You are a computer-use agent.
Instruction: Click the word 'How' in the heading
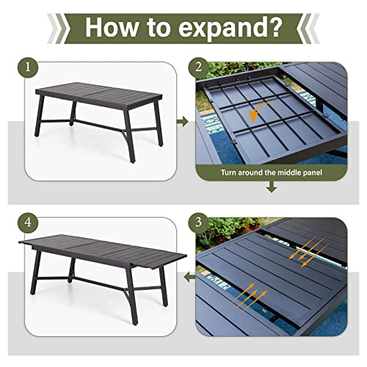(x=116, y=28)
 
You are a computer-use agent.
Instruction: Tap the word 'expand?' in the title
(x=235, y=28)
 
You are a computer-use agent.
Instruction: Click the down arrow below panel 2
(x=272, y=189)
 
